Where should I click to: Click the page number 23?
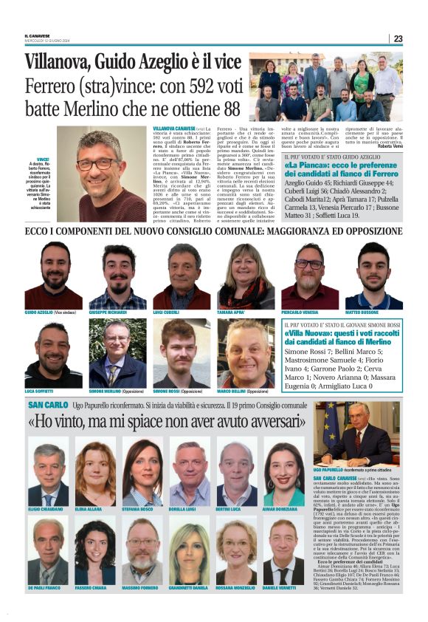click(x=398, y=38)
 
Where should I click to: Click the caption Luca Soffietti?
click(x=40, y=391)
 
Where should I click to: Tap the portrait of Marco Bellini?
click(x=245, y=353)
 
